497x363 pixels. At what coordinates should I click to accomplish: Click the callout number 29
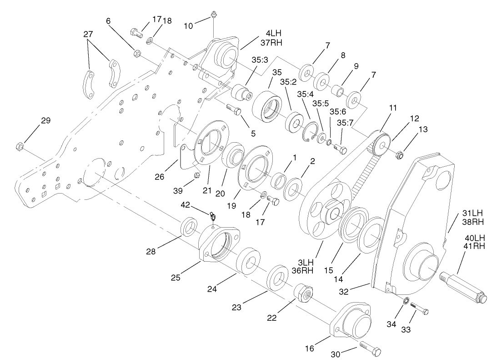[45, 121]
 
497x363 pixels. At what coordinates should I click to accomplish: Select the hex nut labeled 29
[20, 146]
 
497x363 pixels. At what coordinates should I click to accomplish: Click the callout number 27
[88, 35]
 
